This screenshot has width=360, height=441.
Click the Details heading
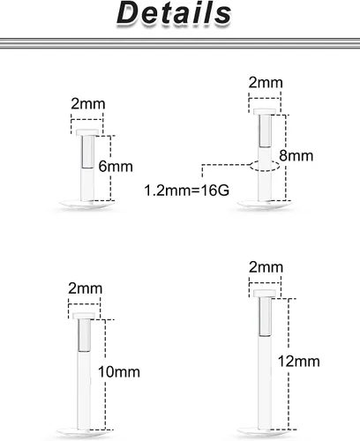click(x=174, y=13)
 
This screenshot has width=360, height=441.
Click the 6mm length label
click(x=116, y=167)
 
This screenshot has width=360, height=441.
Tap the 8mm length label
click(x=296, y=155)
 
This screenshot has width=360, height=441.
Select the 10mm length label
click(x=119, y=372)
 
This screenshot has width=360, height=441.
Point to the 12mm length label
click(x=299, y=362)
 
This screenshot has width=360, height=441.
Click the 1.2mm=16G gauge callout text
click(x=187, y=191)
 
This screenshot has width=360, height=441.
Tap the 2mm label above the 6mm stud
click(x=88, y=104)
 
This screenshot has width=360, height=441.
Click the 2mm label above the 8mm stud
click(x=266, y=82)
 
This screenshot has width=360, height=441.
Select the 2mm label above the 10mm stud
click(x=86, y=288)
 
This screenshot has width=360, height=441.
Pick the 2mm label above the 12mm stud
click(x=266, y=267)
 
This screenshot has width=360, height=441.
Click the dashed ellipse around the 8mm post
click(x=265, y=161)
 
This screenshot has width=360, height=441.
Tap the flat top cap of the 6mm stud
click(x=87, y=132)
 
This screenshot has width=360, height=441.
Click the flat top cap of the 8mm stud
click(x=265, y=111)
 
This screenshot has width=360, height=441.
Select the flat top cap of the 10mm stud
click(x=84, y=316)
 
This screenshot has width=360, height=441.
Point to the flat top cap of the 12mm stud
click(x=265, y=294)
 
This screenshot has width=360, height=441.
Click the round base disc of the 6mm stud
click(x=86, y=204)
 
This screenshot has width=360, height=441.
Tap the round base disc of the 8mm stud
click(x=264, y=204)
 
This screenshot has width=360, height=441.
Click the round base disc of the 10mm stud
click(x=84, y=433)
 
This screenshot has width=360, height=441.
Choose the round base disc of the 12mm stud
click(x=264, y=432)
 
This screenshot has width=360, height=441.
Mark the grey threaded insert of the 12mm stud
click(x=265, y=317)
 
